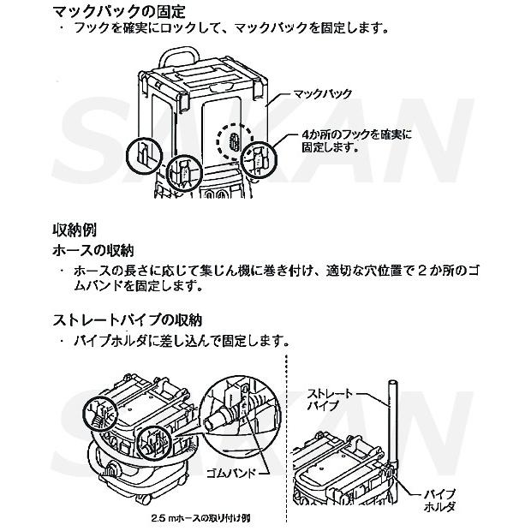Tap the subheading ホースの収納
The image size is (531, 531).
click(x=93, y=252)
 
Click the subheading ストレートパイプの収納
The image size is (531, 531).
click(x=126, y=321)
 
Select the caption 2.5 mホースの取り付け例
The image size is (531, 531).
click(x=199, y=519)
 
